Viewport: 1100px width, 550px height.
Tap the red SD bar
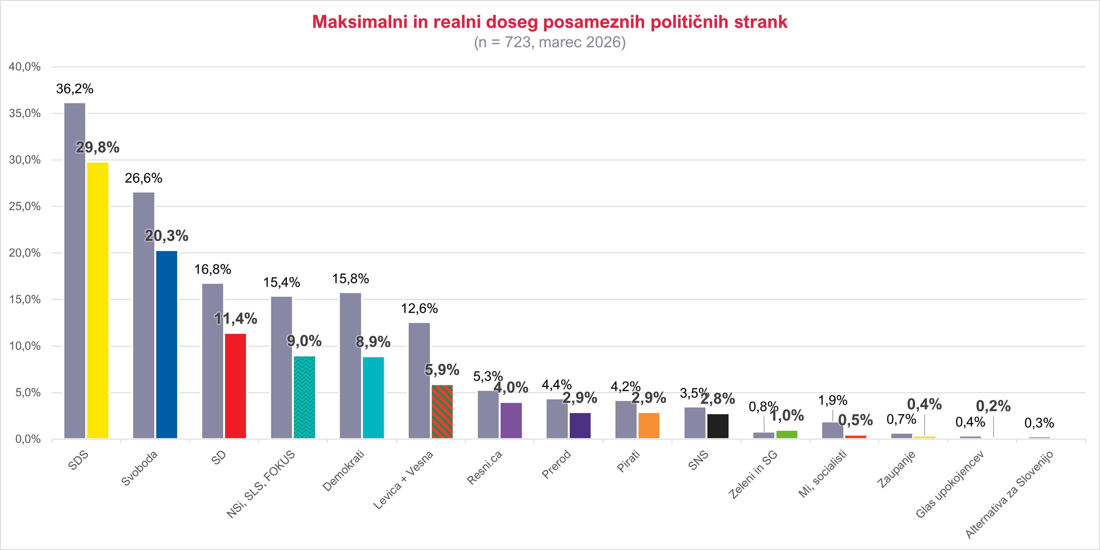[235, 386]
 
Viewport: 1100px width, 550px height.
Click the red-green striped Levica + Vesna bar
[442, 411]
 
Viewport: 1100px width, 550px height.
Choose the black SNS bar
[718, 426]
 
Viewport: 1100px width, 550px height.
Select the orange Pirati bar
[649, 425]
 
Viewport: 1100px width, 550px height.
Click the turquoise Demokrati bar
[373, 397]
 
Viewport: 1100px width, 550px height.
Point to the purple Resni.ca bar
[511, 420]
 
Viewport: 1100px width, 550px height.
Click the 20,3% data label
[166, 236]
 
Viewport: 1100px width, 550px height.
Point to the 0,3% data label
[1039, 423]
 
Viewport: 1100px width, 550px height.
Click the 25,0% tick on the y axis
[25, 207]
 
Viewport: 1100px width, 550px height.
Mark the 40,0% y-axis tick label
[25, 66]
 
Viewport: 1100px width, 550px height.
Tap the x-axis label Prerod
[556, 464]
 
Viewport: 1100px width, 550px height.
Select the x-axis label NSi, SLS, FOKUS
[261, 484]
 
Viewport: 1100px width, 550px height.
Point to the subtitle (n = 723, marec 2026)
[549, 42]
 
